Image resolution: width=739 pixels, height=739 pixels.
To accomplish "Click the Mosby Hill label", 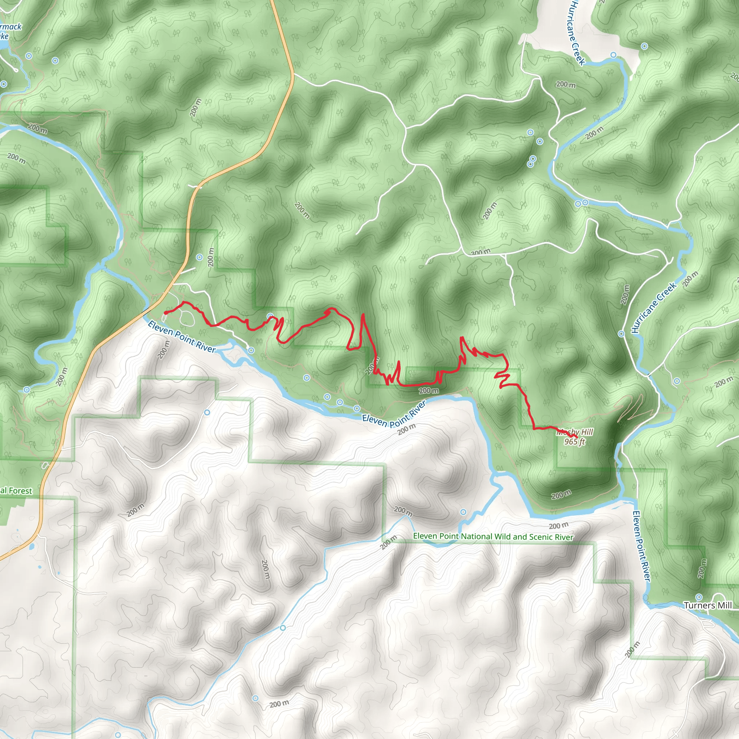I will click(575, 432).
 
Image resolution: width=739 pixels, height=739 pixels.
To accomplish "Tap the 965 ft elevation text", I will click(575, 442).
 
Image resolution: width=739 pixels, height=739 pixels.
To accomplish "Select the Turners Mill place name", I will click(708, 605).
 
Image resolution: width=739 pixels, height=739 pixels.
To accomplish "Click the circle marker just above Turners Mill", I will click(699, 597).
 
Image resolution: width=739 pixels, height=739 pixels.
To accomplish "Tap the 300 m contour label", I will click(480, 252).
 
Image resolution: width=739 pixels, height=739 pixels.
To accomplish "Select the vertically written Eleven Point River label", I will click(642, 546).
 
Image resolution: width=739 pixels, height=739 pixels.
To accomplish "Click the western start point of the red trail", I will click(165, 313).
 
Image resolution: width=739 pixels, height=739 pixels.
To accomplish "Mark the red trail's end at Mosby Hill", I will click(576, 437).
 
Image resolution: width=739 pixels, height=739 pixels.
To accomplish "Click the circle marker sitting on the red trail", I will click(270, 316).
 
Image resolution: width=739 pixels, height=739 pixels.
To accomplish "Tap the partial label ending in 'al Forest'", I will click(16, 491).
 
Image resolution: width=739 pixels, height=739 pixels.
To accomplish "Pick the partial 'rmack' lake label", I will click(11, 27).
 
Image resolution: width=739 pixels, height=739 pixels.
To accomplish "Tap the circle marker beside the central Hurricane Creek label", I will click(622, 334).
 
